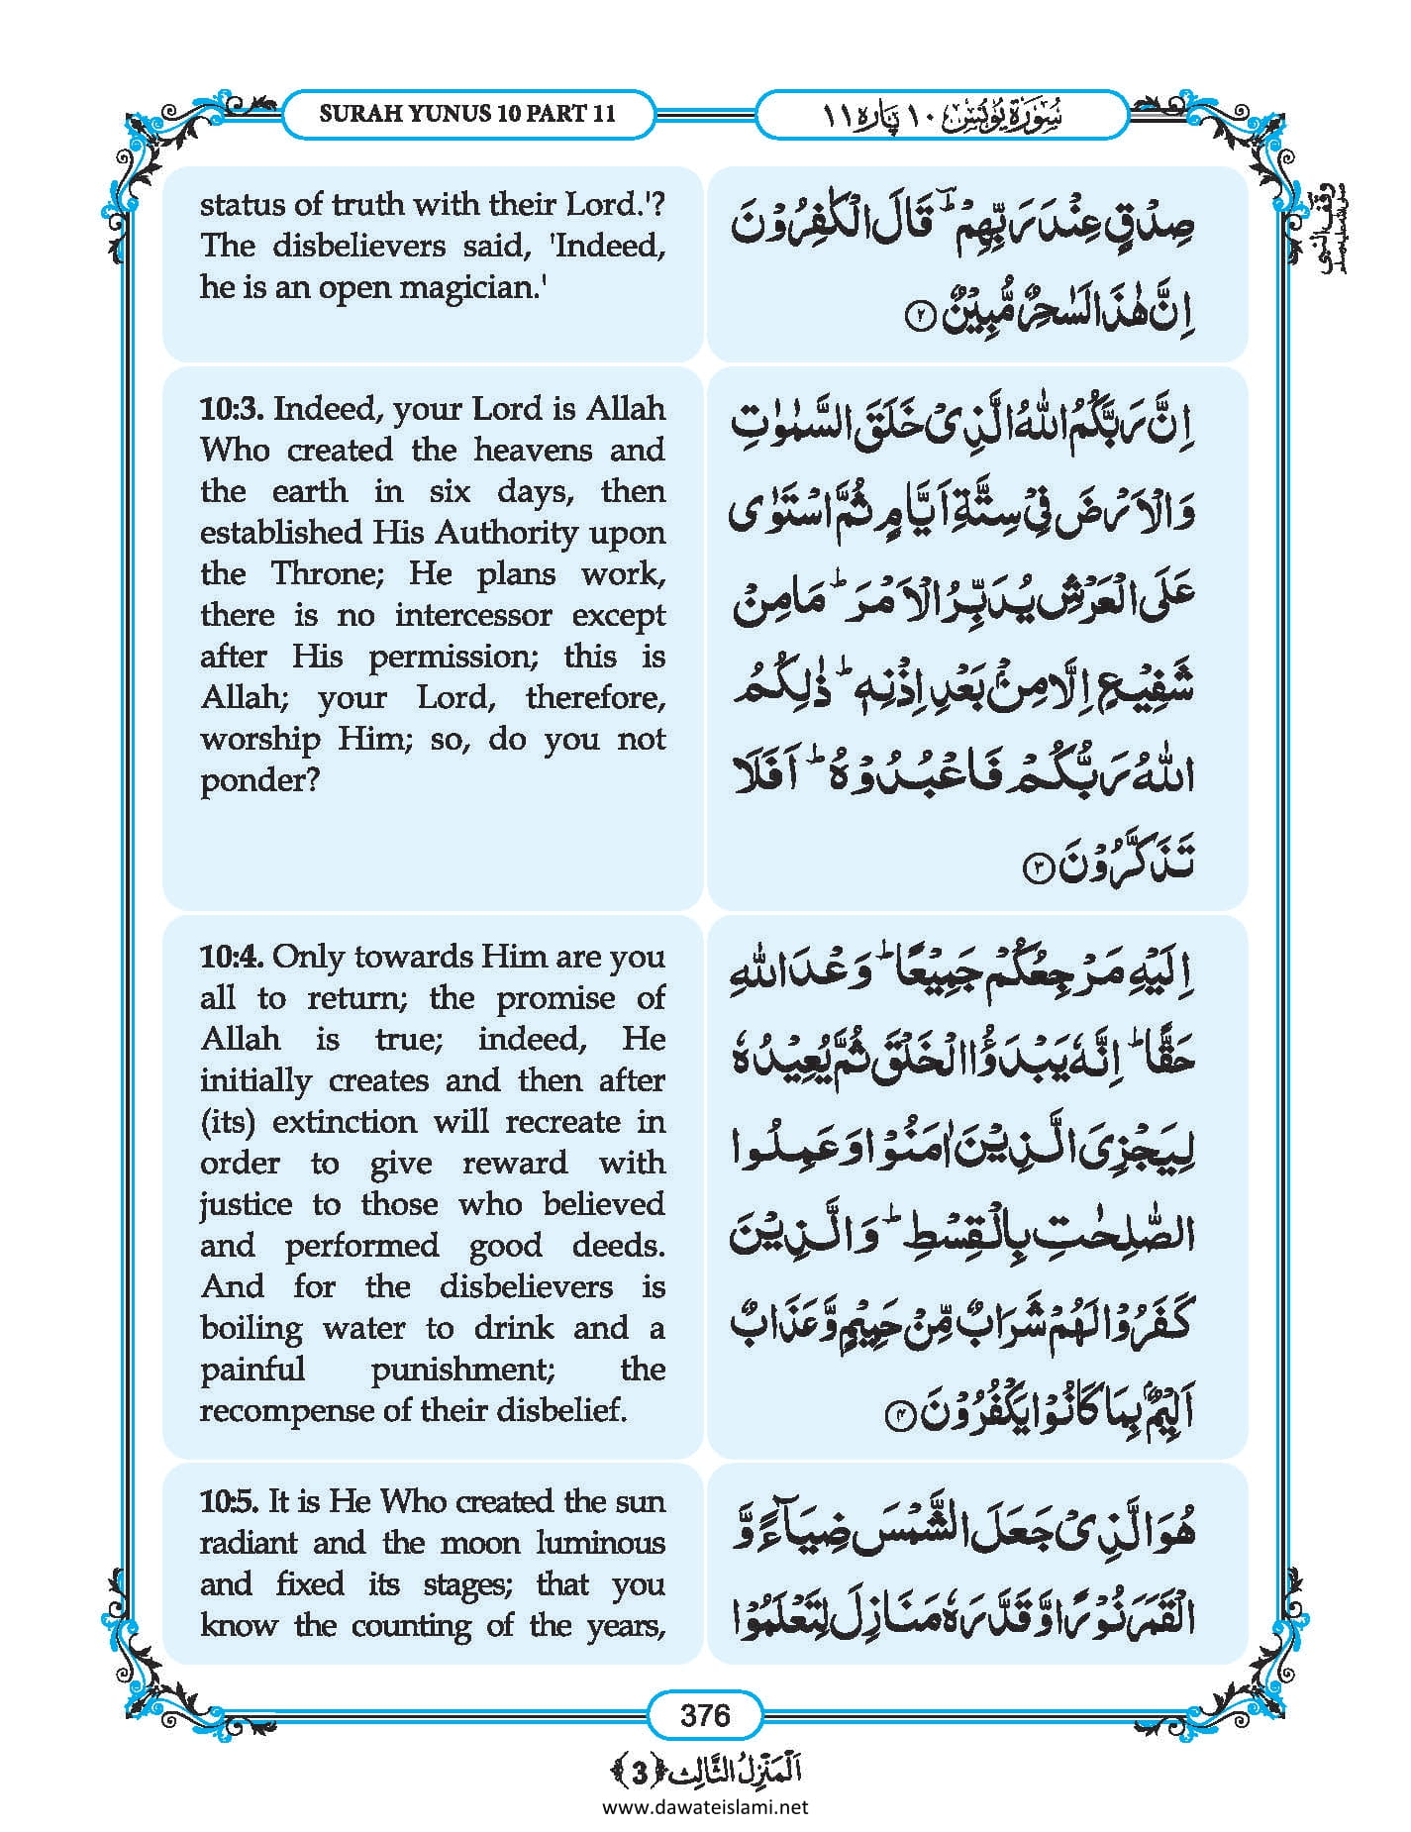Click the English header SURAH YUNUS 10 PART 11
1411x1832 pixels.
(x=467, y=114)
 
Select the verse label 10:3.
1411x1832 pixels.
(x=233, y=409)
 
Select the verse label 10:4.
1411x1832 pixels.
(x=233, y=958)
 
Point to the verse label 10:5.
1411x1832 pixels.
(x=231, y=1502)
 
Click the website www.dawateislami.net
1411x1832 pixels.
(x=705, y=1807)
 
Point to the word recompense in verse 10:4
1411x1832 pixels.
(x=286, y=1410)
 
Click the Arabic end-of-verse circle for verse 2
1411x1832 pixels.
(x=920, y=320)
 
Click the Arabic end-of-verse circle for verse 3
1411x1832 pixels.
(x=1036, y=868)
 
